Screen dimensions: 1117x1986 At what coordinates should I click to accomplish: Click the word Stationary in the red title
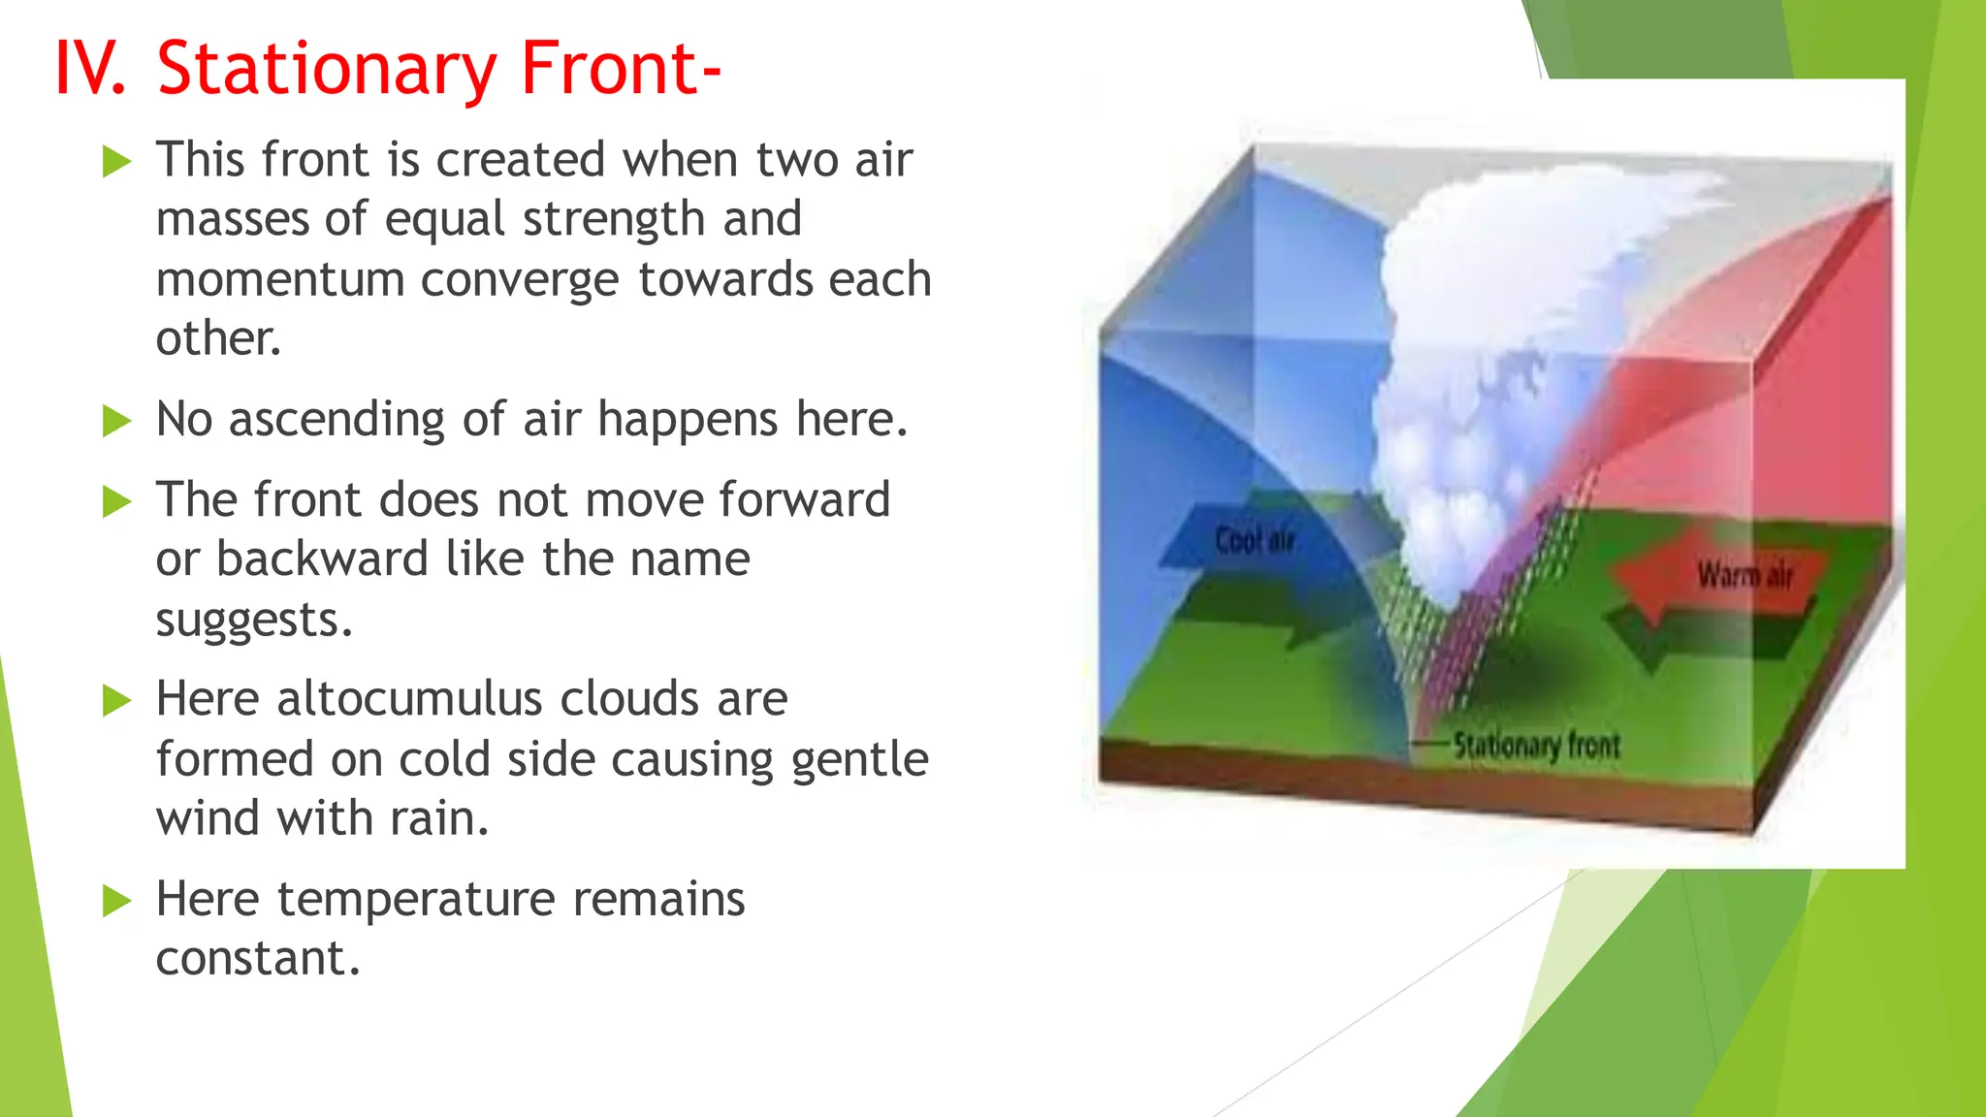pyautogui.click(x=326, y=70)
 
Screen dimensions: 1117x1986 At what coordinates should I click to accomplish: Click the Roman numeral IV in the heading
pyautogui.click(x=89, y=70)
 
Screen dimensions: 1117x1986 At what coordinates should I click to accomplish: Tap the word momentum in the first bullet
pyautogui.click(x=279, y=280)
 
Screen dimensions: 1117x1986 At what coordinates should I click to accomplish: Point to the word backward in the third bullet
pyautogui.click(x=321, y=559)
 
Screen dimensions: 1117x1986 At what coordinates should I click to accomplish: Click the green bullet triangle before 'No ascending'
pyautogui.click(x=116, y=422)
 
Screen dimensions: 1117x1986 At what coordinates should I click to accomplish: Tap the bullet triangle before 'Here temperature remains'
pyautogui.click(x=116, y=902)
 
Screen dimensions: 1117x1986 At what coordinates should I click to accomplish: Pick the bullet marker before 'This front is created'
pyautogui.click(x=116, y=162)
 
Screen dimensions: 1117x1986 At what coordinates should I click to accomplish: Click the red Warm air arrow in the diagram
pyautogui.click(x=1726, y=576)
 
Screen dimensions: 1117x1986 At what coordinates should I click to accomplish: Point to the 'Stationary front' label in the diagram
pyautogui.click(x=1536, y=746)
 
